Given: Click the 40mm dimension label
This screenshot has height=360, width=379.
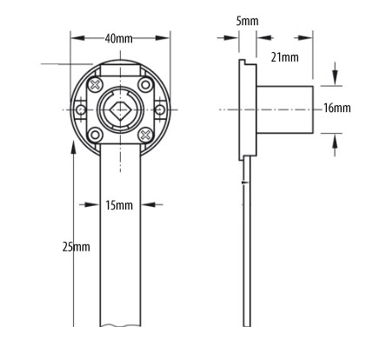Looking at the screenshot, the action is click(119, 38).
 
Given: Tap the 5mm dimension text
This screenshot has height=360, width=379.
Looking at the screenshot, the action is click(247, 21).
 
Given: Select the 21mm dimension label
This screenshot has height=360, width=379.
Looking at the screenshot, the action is click(284, 57).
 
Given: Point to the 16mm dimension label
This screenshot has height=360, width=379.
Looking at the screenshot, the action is click(337, 108).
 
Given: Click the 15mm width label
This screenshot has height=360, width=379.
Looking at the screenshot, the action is click(119, 205).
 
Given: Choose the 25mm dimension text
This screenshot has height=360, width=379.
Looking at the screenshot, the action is click(76, 247).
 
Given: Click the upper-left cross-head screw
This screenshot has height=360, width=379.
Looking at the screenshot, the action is click(96, 84).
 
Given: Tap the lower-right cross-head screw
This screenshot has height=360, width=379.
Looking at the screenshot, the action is click(145, 135).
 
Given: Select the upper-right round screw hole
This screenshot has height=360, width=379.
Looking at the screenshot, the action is click(145, 84).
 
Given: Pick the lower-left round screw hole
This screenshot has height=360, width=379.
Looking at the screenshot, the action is click(95, 135).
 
